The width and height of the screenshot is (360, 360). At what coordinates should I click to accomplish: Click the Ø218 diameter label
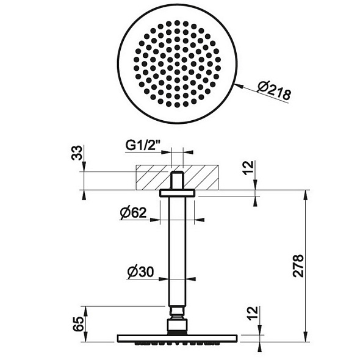(273, 92)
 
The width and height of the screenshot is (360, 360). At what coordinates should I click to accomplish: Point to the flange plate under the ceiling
(176, 193)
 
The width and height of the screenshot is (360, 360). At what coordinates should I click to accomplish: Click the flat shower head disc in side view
(176, 337)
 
